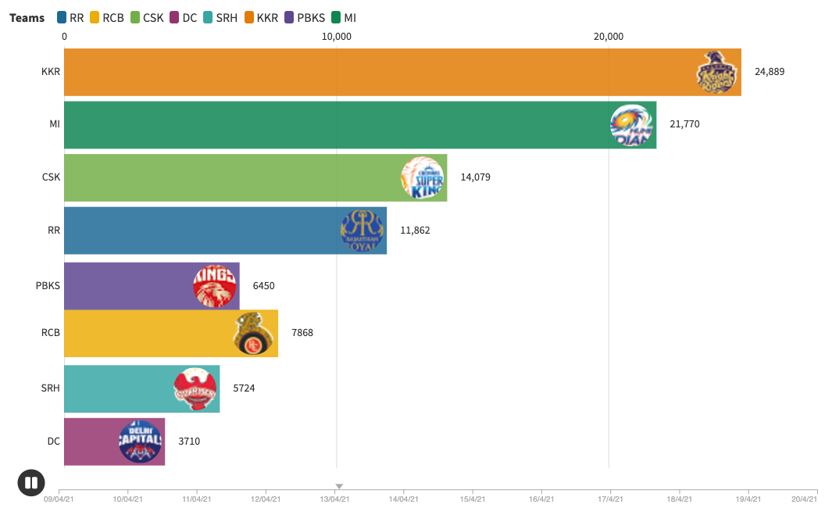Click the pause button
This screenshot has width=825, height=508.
(x=31, y=482)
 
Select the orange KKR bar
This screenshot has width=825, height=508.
(x=375, y=72)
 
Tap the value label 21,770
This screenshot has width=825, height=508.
(x=684, y=124)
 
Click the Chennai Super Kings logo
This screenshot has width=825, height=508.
(x=423, y=177)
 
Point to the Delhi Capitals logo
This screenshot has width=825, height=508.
(x=141, y=442)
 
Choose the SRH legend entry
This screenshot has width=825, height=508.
(x=220, y=17)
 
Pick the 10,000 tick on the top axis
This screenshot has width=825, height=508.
(x=336, y=36)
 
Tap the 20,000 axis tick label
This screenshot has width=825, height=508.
(x=609, y=36)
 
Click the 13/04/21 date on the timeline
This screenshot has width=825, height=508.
(x=334, y=499)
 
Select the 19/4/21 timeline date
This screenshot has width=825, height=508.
(x=748, y=499)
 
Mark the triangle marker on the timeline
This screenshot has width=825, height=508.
(x=339, y=487)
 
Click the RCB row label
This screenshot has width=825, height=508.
(x=51, y=333)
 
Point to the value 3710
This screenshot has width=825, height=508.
(x=189, y=442)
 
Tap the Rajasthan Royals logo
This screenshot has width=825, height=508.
(x=362, y=231)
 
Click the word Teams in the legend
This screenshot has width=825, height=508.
(x=27, y=17)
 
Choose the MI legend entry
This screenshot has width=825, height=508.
(x=344, y=17)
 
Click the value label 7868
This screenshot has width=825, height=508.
(x=302, y=333)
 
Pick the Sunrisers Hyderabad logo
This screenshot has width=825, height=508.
(x=195, y=388)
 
